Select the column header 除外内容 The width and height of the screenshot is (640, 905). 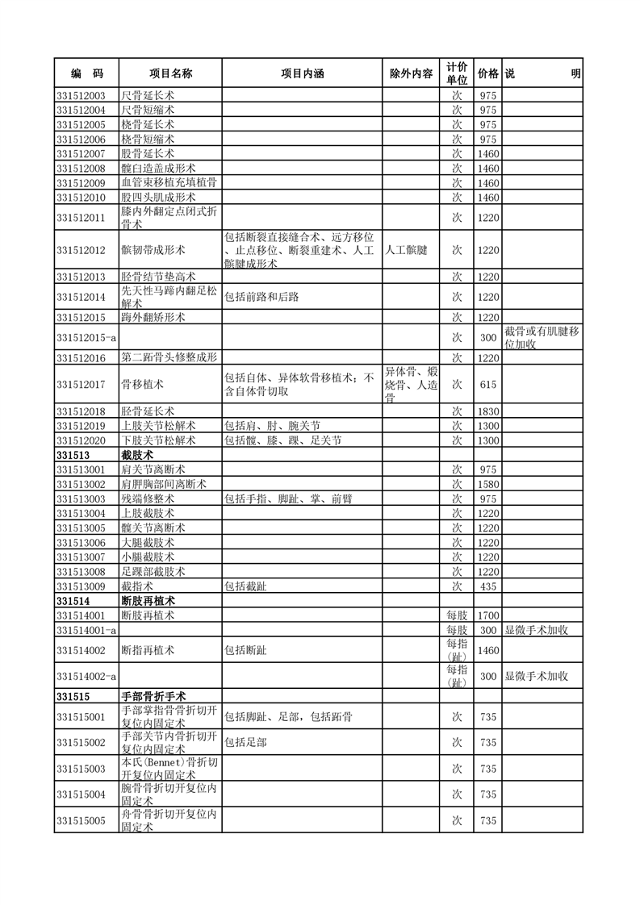point(411,73)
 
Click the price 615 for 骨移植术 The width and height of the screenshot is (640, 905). point(487,386)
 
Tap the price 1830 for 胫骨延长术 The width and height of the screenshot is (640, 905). point(487,411)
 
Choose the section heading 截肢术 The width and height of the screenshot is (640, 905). point(137,455)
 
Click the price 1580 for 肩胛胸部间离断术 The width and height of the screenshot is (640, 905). point(487,484)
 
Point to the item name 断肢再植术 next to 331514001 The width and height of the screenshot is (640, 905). point(148,615)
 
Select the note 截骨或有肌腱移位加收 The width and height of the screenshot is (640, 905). point(542,338)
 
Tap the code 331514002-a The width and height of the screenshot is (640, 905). point(86,676)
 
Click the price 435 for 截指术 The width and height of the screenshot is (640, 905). point(487,586)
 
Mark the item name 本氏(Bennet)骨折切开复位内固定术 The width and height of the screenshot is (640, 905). point(169,768)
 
